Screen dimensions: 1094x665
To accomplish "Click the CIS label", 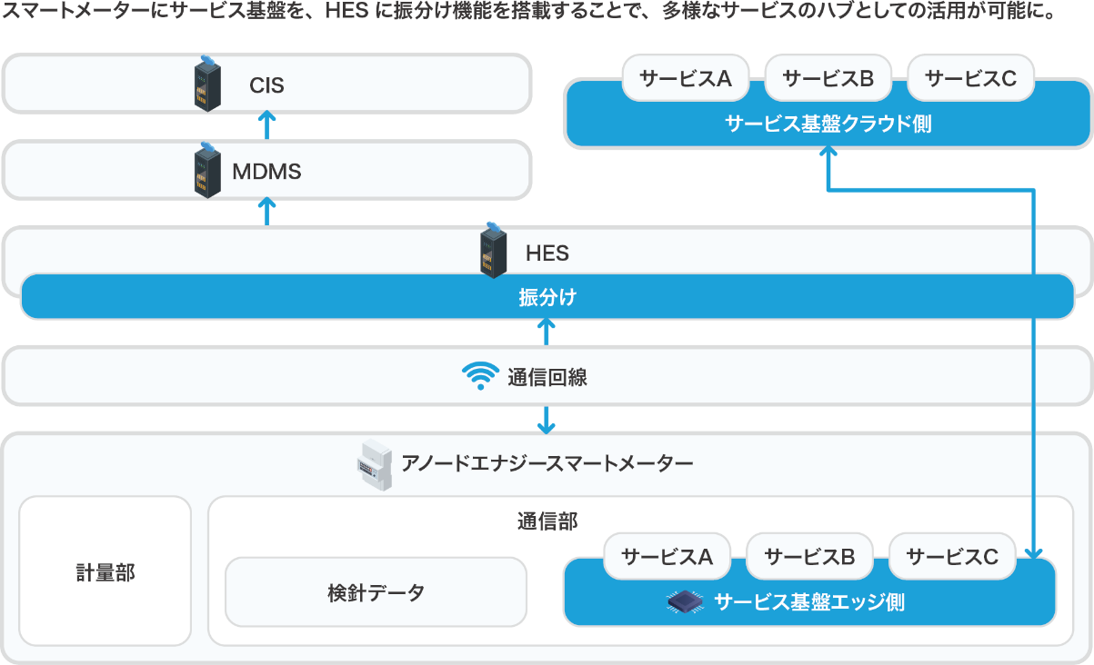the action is click(x=266, y=84).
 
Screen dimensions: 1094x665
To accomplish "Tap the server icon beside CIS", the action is click(x=207, y=84).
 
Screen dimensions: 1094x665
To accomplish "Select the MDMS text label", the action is click(x=266, y=172).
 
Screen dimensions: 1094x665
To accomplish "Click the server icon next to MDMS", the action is click(x=207, y=170).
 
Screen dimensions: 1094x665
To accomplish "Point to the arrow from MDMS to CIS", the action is click(x=266, y=124).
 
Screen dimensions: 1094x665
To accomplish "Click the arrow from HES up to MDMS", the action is click(x=266, y=211).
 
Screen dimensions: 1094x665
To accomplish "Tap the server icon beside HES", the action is click(x=493, y=251).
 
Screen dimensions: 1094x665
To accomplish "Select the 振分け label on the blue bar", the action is click(x=547, y=297).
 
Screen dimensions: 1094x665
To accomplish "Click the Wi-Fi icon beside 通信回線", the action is click(x=480, y=376).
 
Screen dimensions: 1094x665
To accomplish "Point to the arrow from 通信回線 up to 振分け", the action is click(x=546, y=332).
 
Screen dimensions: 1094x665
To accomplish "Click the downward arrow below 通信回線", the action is click(x=546, y=420).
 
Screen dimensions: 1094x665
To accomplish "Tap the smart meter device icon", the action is click(x=375, y=465).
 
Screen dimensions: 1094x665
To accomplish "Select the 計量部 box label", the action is click(x=105, y=572).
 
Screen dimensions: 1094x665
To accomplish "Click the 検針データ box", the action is click(x=376, y=592).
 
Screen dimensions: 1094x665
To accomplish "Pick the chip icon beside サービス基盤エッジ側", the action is click(x=685, y=601).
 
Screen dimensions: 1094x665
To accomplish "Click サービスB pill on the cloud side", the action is click(x=828, y=78).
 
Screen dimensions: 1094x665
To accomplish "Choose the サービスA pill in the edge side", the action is click(x=667, y=556).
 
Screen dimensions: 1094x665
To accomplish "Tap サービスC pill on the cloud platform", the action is click(x=971, y=78).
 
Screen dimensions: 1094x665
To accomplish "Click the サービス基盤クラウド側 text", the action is click(x=828, y=124).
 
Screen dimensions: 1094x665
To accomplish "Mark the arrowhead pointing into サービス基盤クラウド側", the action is click(x=828, y=151).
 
